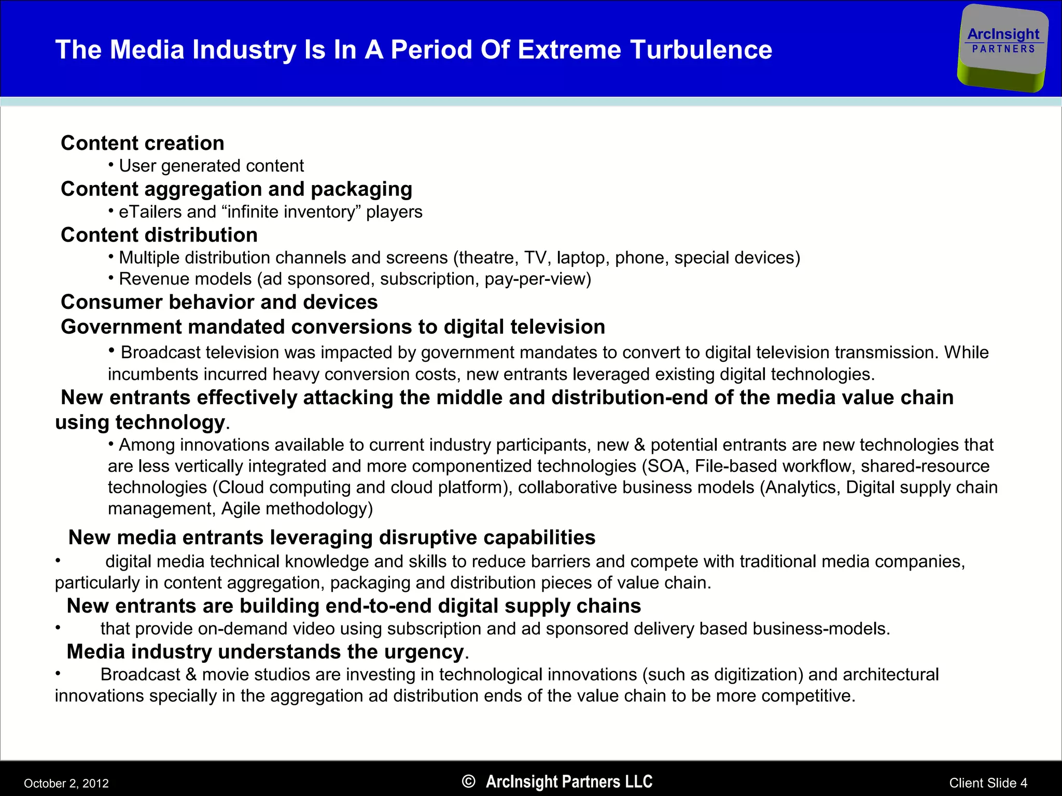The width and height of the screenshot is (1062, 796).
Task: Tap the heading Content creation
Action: (143, 143)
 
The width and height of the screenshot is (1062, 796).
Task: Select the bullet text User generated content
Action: (211, 166)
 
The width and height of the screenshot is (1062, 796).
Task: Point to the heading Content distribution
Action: (159, 235)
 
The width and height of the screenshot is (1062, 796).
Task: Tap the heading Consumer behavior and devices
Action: (219, 302)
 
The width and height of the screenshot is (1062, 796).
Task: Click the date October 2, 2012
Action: (66, 783)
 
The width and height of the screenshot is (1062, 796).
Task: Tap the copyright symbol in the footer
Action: (468, 781)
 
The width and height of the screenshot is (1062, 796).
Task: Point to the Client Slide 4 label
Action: (988, 783)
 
